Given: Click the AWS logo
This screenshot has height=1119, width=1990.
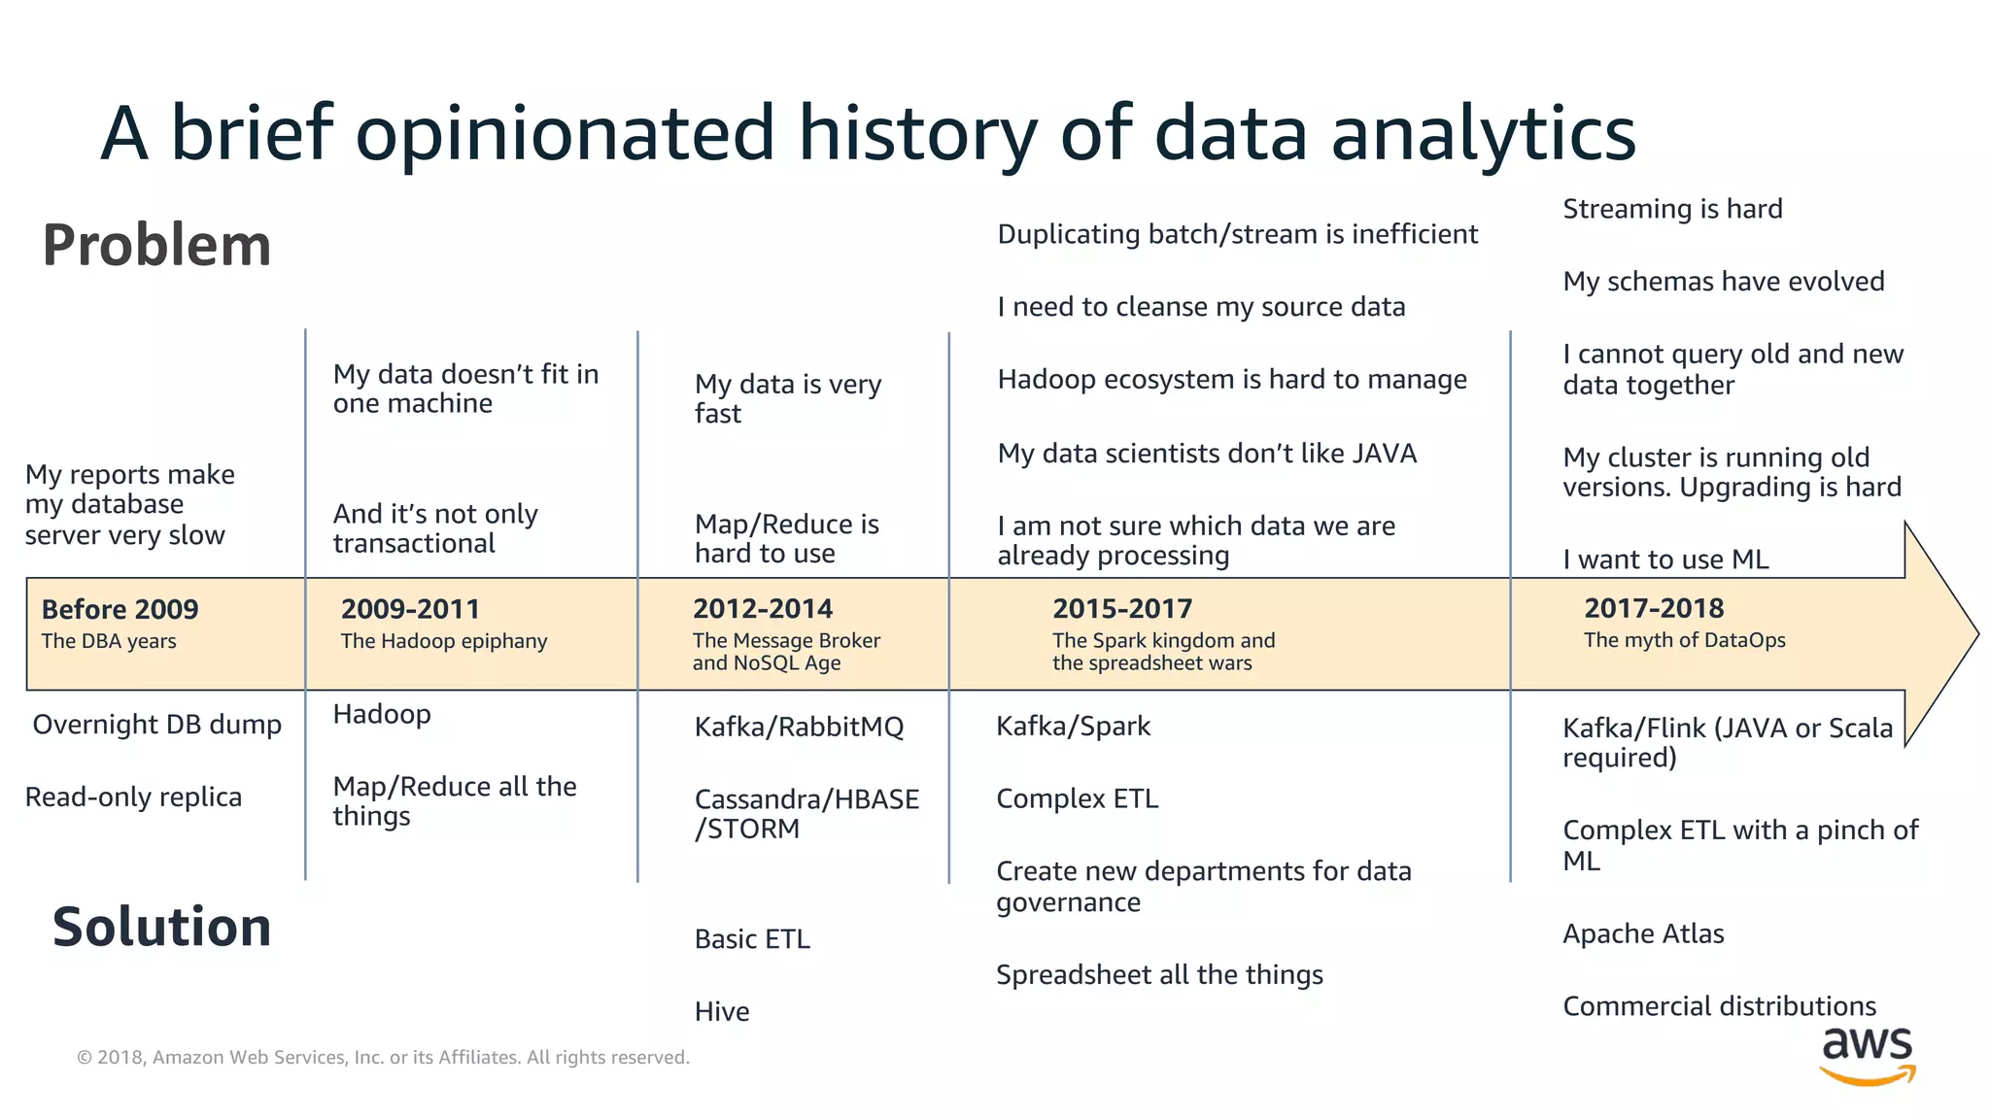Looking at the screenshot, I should point(1867,1056).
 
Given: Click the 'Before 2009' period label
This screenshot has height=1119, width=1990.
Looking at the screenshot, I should point(120,609).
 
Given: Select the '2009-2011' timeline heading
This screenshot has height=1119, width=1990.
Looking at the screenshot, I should point(410,609).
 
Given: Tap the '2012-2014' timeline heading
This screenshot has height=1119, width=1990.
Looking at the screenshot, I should point(762,609).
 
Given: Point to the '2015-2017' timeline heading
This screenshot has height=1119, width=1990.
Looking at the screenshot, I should point(1121,609).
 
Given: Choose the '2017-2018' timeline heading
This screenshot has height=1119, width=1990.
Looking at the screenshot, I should point(1653,608).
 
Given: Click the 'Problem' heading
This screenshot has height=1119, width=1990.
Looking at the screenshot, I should point(156,245).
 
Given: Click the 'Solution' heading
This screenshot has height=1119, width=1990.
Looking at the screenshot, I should point(161,927).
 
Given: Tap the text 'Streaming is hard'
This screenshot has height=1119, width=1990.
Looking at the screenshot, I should point(1671,209).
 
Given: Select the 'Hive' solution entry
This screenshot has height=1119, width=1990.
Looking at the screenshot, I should point(721,1012).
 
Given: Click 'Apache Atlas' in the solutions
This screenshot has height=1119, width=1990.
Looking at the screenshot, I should point(1642,933).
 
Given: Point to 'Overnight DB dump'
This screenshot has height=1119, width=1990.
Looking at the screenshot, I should point(156,725).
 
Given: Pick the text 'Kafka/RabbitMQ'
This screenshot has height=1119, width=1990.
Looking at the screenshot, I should point(799,727).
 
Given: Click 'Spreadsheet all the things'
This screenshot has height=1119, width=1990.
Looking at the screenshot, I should point(1158,974).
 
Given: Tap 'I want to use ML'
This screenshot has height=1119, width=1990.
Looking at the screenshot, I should point(1664,559).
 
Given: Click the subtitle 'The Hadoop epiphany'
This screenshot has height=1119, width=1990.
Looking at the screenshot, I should point(443,641).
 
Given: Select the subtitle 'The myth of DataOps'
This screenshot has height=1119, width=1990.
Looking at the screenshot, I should point(1684,640).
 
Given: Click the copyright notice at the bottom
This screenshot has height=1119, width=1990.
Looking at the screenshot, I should point(383,1057).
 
